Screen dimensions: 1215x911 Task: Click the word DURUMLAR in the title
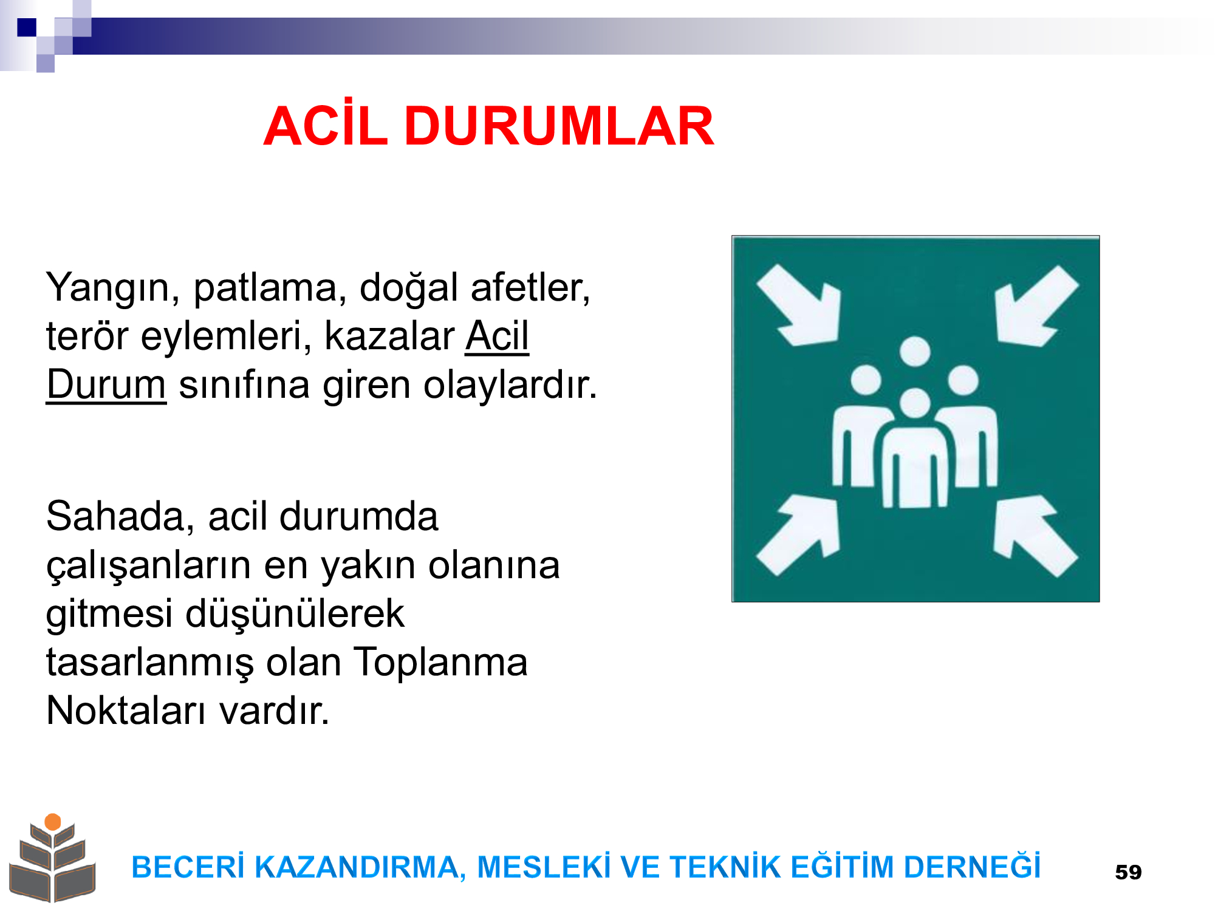tap(560, 126)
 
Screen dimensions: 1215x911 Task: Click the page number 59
tap(1128, 872)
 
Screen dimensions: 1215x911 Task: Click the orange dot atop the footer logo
tap(53, 822)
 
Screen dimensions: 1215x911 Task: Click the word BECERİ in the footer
tap(188, 867)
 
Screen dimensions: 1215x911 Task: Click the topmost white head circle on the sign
tap(915, 352)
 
